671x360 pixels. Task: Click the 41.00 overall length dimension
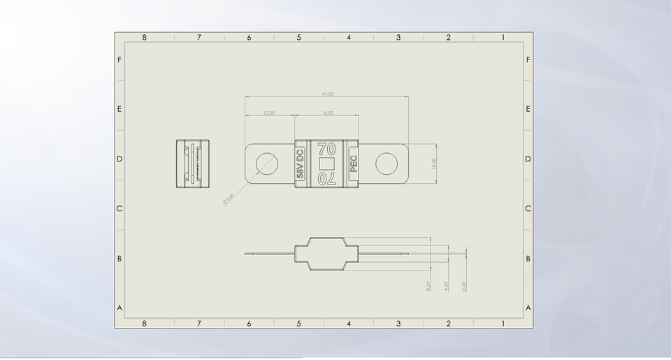coord(327,94)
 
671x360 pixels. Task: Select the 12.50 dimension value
coord(268,113)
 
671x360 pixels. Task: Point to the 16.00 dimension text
coord(328,113)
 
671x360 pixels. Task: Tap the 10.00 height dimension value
coord(433,164)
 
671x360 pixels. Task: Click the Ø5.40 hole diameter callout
coord(228,199)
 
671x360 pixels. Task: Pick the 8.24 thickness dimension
coord(428,286)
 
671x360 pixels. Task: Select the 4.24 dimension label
coord(446,286)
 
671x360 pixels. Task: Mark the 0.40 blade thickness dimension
coord(464,286)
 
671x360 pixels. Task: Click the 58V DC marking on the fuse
coord(301,164)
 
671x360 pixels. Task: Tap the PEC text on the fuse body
coord(353,164)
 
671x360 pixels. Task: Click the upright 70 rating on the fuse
coord(326,149)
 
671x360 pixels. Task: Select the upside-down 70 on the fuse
coord(326,179)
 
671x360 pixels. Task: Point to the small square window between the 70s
coord(326,164)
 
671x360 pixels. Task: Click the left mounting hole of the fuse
coord(266,164)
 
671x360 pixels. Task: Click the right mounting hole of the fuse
coord(386,164)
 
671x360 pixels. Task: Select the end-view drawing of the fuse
coord(192,164)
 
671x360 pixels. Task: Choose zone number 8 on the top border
coord(145,38)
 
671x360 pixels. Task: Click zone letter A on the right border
coord(528,308)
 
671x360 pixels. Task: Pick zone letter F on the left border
coord(120,60)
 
